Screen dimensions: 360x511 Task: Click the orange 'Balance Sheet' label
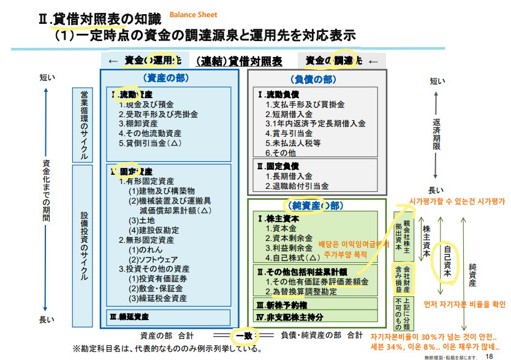pyautogui.click(x=193, y=15)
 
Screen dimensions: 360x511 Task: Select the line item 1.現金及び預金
pyautogui.click(x=146, y=105)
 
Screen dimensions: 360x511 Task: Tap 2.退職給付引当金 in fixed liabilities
pyautogui.click(x=297, y=185)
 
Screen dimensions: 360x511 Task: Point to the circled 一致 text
pyautogui.click(x=244, y=335)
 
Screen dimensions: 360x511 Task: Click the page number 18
pyautogui.click(x=489, y=355)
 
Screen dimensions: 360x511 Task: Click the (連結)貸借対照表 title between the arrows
pyautogui.click(x=239, y=61)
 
